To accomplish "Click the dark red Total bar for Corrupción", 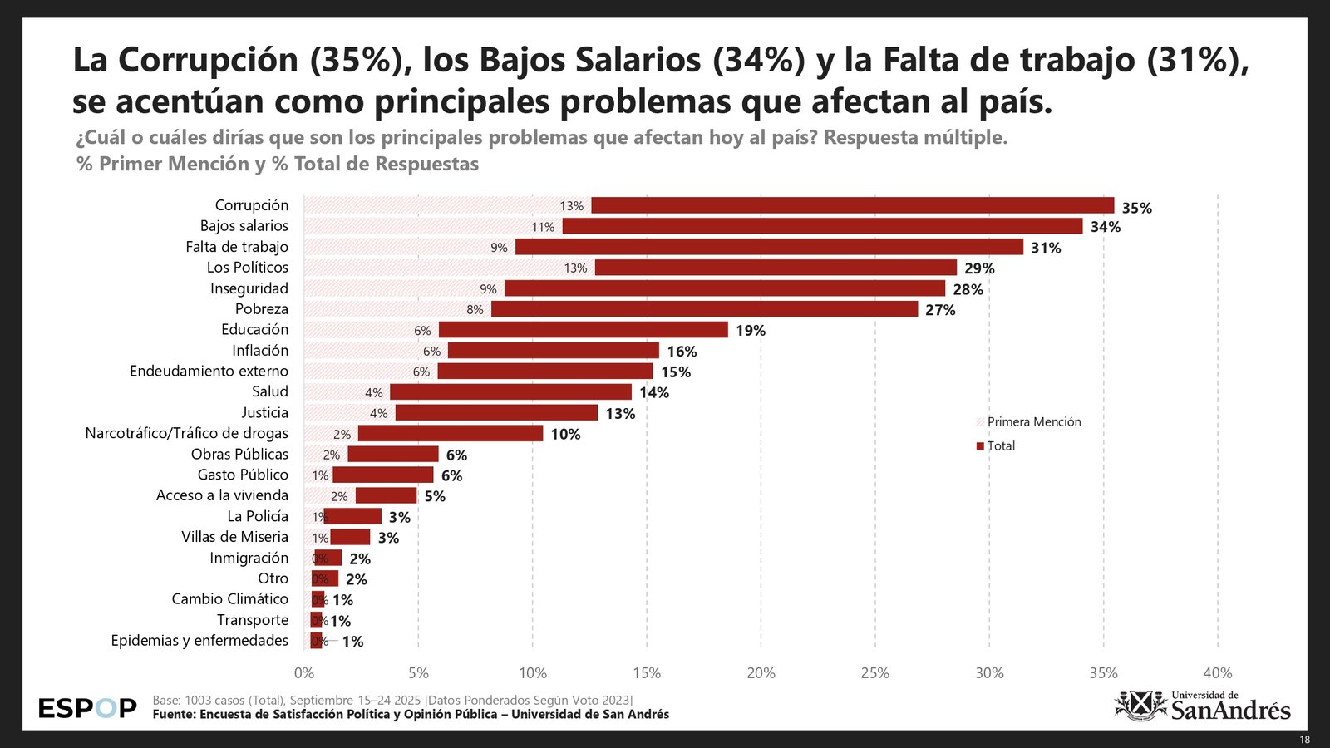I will pos(852,205).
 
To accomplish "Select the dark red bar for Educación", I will pos(583,330).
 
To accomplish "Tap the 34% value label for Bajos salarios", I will pos(1106,227).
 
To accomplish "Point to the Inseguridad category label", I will pos(249,288).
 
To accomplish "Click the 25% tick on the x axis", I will pos(874,673).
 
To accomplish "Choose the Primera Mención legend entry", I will pos(1033,422).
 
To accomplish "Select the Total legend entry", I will pos(1001,446).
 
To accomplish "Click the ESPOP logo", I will pos(87,709).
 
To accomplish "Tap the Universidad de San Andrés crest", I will pos(1140,706).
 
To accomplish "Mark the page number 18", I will pos(1304,740).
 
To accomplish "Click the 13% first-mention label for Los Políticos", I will pos(575,268).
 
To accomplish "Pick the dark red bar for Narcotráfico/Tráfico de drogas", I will pos(450,434).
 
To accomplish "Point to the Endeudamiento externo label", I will pos(209,372).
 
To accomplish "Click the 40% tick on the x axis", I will pos(1217,673).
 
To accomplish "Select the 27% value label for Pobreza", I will pos(940,310).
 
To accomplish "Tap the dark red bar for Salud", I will pos(510,392).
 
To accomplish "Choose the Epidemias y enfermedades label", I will pos(199,641).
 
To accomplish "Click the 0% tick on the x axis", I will pos(304,673).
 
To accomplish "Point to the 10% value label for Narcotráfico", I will pos(565,435).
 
